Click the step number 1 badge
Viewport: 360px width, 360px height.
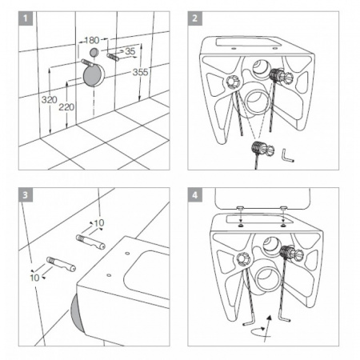click(26, 18)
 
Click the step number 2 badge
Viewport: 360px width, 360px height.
click(195, 18)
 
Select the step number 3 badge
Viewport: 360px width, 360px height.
click(26, 195)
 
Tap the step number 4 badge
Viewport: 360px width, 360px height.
click(195, 195)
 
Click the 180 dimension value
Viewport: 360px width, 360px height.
click(92, 40)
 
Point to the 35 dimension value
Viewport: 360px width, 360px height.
click(130, 51)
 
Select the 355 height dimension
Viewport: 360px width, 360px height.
click(140, 72)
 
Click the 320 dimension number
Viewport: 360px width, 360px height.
click(50, 100)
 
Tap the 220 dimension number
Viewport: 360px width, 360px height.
click(66, 107)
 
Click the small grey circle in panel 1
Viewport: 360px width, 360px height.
click(94, 52)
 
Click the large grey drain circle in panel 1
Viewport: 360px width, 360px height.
click(93, 76)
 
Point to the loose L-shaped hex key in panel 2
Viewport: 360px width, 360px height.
click(287, 156)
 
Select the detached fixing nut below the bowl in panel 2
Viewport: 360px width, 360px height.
click(262, 150)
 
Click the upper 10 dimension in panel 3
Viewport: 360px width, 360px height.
click(99, 223)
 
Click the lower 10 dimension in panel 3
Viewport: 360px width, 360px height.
click(34, 278)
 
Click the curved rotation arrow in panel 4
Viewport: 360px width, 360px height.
click(260, 331)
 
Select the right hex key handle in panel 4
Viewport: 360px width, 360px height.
click(284, 318)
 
